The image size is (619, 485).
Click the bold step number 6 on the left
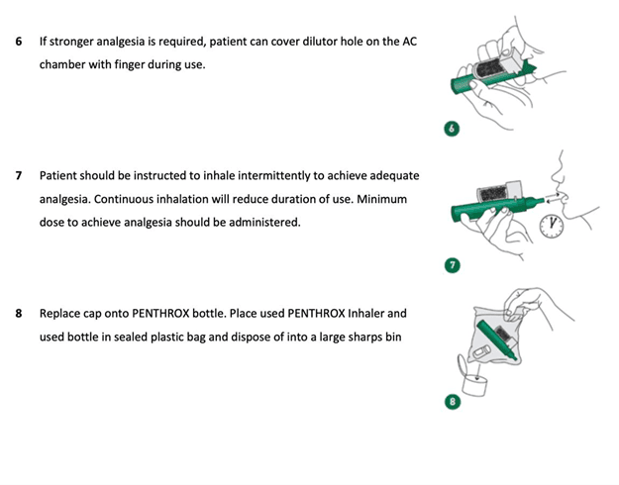coord(19,42)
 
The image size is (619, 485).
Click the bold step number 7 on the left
coord(19,175)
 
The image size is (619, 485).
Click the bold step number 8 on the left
coord(19,314)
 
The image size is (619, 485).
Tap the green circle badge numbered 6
coord(452,129)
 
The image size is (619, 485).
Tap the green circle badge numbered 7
coord(453,265)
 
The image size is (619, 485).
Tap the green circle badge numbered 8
coord(453,402)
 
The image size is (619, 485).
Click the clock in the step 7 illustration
coord(552,226)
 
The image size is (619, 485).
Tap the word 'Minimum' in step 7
coord(381,199)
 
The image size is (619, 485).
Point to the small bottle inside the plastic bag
coord(481,352)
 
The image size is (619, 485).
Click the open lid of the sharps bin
coord(463,366)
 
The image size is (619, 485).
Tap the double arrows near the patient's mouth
coord(553,197)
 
